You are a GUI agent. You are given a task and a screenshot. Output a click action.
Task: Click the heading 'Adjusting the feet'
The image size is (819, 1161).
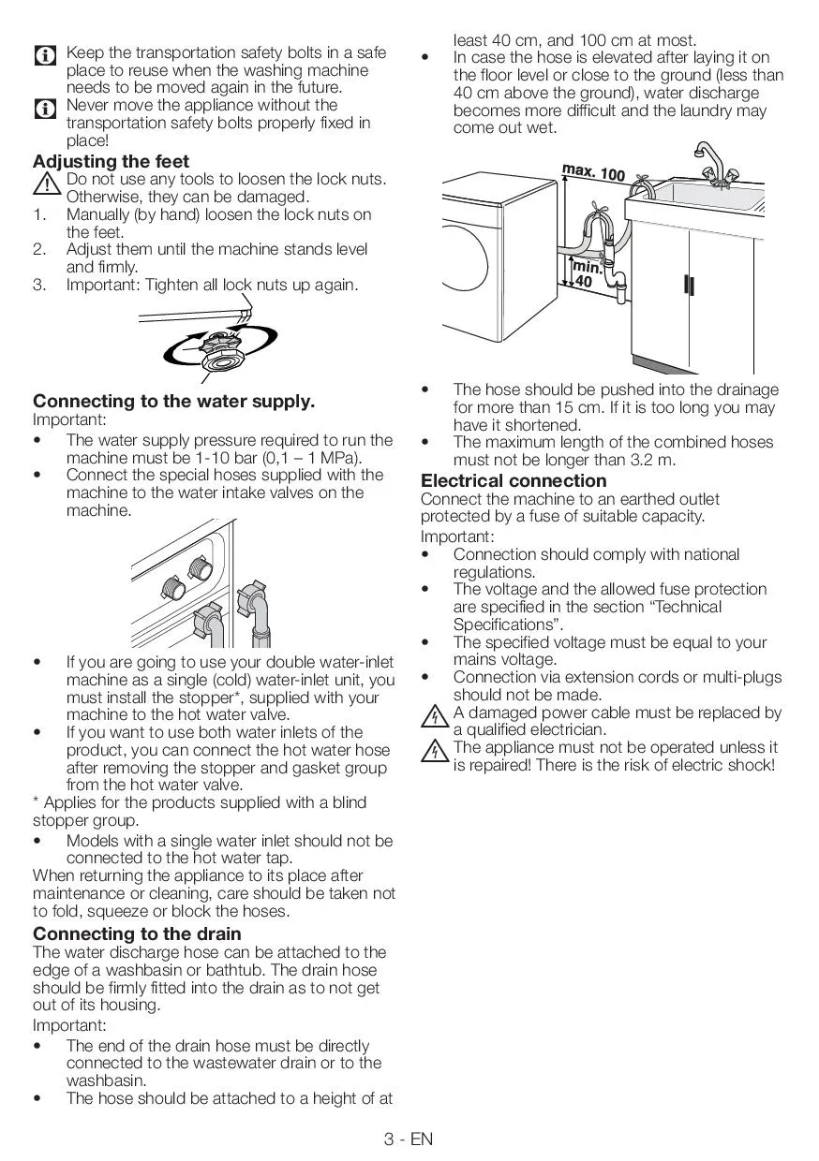point(111,161)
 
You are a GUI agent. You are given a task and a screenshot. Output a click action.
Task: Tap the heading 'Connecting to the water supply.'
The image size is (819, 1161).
point(173,402)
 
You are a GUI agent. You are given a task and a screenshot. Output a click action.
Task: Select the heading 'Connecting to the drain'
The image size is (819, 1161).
point(137,933)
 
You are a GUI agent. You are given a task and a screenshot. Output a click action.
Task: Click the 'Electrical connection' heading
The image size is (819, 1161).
point(514,481)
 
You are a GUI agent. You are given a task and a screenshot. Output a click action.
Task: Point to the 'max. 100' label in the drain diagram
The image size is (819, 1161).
point(593,172)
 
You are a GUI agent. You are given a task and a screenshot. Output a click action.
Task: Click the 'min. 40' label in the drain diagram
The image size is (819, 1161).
point(586,273)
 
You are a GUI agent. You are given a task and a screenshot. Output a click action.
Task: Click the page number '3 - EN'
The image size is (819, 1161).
point(409,1139)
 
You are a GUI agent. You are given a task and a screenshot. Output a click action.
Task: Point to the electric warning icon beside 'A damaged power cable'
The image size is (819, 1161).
point(434,719)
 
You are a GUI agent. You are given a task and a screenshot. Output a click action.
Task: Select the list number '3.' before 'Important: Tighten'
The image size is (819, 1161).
point(40,285)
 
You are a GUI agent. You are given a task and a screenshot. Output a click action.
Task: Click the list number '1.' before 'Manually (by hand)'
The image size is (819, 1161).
point(40,214)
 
